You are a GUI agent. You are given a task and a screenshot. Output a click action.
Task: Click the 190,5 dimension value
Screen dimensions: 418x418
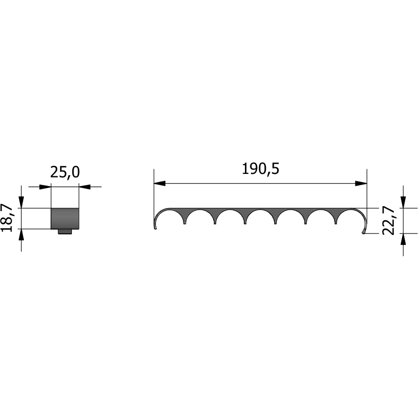(x=260, y=169)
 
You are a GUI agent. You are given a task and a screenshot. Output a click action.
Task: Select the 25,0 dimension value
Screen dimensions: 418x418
(x=65, y=172)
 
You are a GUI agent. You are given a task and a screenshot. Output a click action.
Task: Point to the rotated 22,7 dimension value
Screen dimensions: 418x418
(x=388, y=220)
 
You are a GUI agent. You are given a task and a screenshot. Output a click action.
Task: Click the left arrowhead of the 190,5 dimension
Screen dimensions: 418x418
(x=160, y=184)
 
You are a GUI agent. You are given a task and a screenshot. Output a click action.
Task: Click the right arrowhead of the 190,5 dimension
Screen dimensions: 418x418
(x=361, y=184)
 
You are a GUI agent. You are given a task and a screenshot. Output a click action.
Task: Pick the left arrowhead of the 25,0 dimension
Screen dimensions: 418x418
(x=45, y=187)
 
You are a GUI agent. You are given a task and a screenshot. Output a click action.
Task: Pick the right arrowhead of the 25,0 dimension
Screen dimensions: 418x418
(x=85, y=187)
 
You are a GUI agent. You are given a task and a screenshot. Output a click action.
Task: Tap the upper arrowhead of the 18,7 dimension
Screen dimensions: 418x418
(x=21, y=202)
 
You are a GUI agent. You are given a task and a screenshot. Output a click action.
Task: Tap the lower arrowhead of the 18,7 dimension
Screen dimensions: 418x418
(x=21, y=234)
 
